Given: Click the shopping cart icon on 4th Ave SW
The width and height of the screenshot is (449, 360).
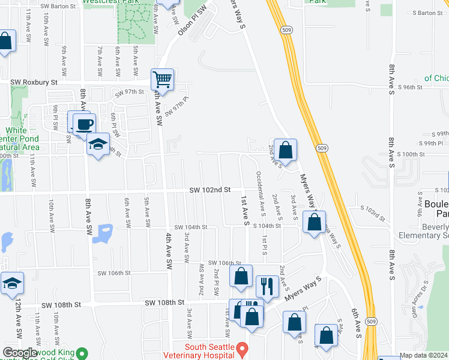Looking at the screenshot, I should (162, 79).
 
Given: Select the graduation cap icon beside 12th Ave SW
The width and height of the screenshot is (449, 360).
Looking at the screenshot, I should (12, 284).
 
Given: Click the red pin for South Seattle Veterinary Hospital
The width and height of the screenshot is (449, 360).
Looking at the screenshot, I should (242, 349).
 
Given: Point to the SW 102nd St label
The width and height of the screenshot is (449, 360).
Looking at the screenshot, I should (210, 190).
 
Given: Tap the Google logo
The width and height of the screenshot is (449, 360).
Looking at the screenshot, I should (20, 353).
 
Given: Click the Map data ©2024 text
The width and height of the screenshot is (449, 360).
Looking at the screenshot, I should (423, 355).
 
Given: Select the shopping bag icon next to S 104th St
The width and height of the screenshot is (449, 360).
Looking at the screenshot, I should (315, 223).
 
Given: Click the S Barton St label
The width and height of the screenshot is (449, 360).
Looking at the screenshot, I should (427, 13).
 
